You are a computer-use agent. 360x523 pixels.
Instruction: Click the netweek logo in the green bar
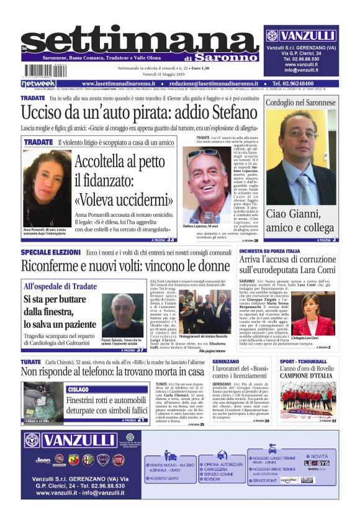pyautogui.click(x=38, y=83)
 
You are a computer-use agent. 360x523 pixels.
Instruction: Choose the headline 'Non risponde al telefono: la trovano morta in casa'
pyautogui.click(x=112, y=371)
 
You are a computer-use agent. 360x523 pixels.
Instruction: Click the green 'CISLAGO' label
pyautogui.click(x=79, y=389)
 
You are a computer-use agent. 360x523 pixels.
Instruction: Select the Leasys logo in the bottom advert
pyautogui.click(x=317, y=463)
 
